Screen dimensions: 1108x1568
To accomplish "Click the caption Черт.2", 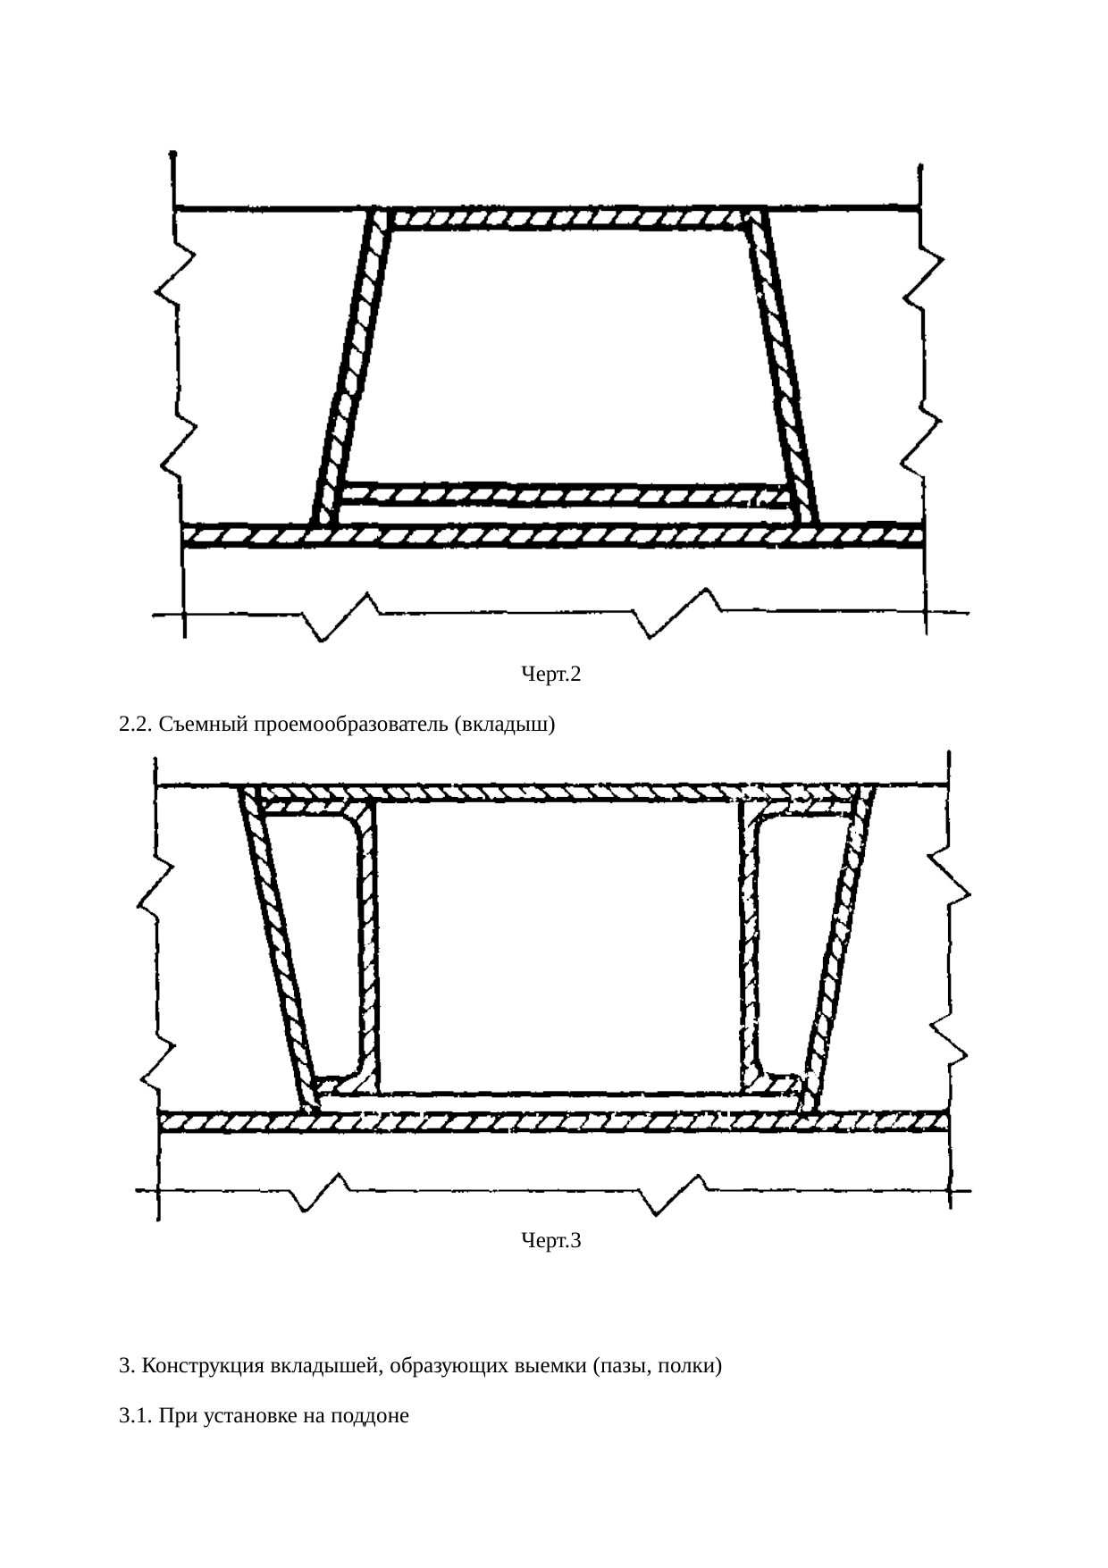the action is pos(551,675).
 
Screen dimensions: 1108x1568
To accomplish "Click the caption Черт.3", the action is pos(551,1240).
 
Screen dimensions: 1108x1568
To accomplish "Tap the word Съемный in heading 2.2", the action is pos(204,725).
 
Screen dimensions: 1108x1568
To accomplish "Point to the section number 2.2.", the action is pos(136,725).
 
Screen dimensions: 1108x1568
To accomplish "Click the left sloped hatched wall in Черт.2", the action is pos(350,366).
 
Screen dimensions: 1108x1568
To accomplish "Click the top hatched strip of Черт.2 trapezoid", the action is pos(568,218).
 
